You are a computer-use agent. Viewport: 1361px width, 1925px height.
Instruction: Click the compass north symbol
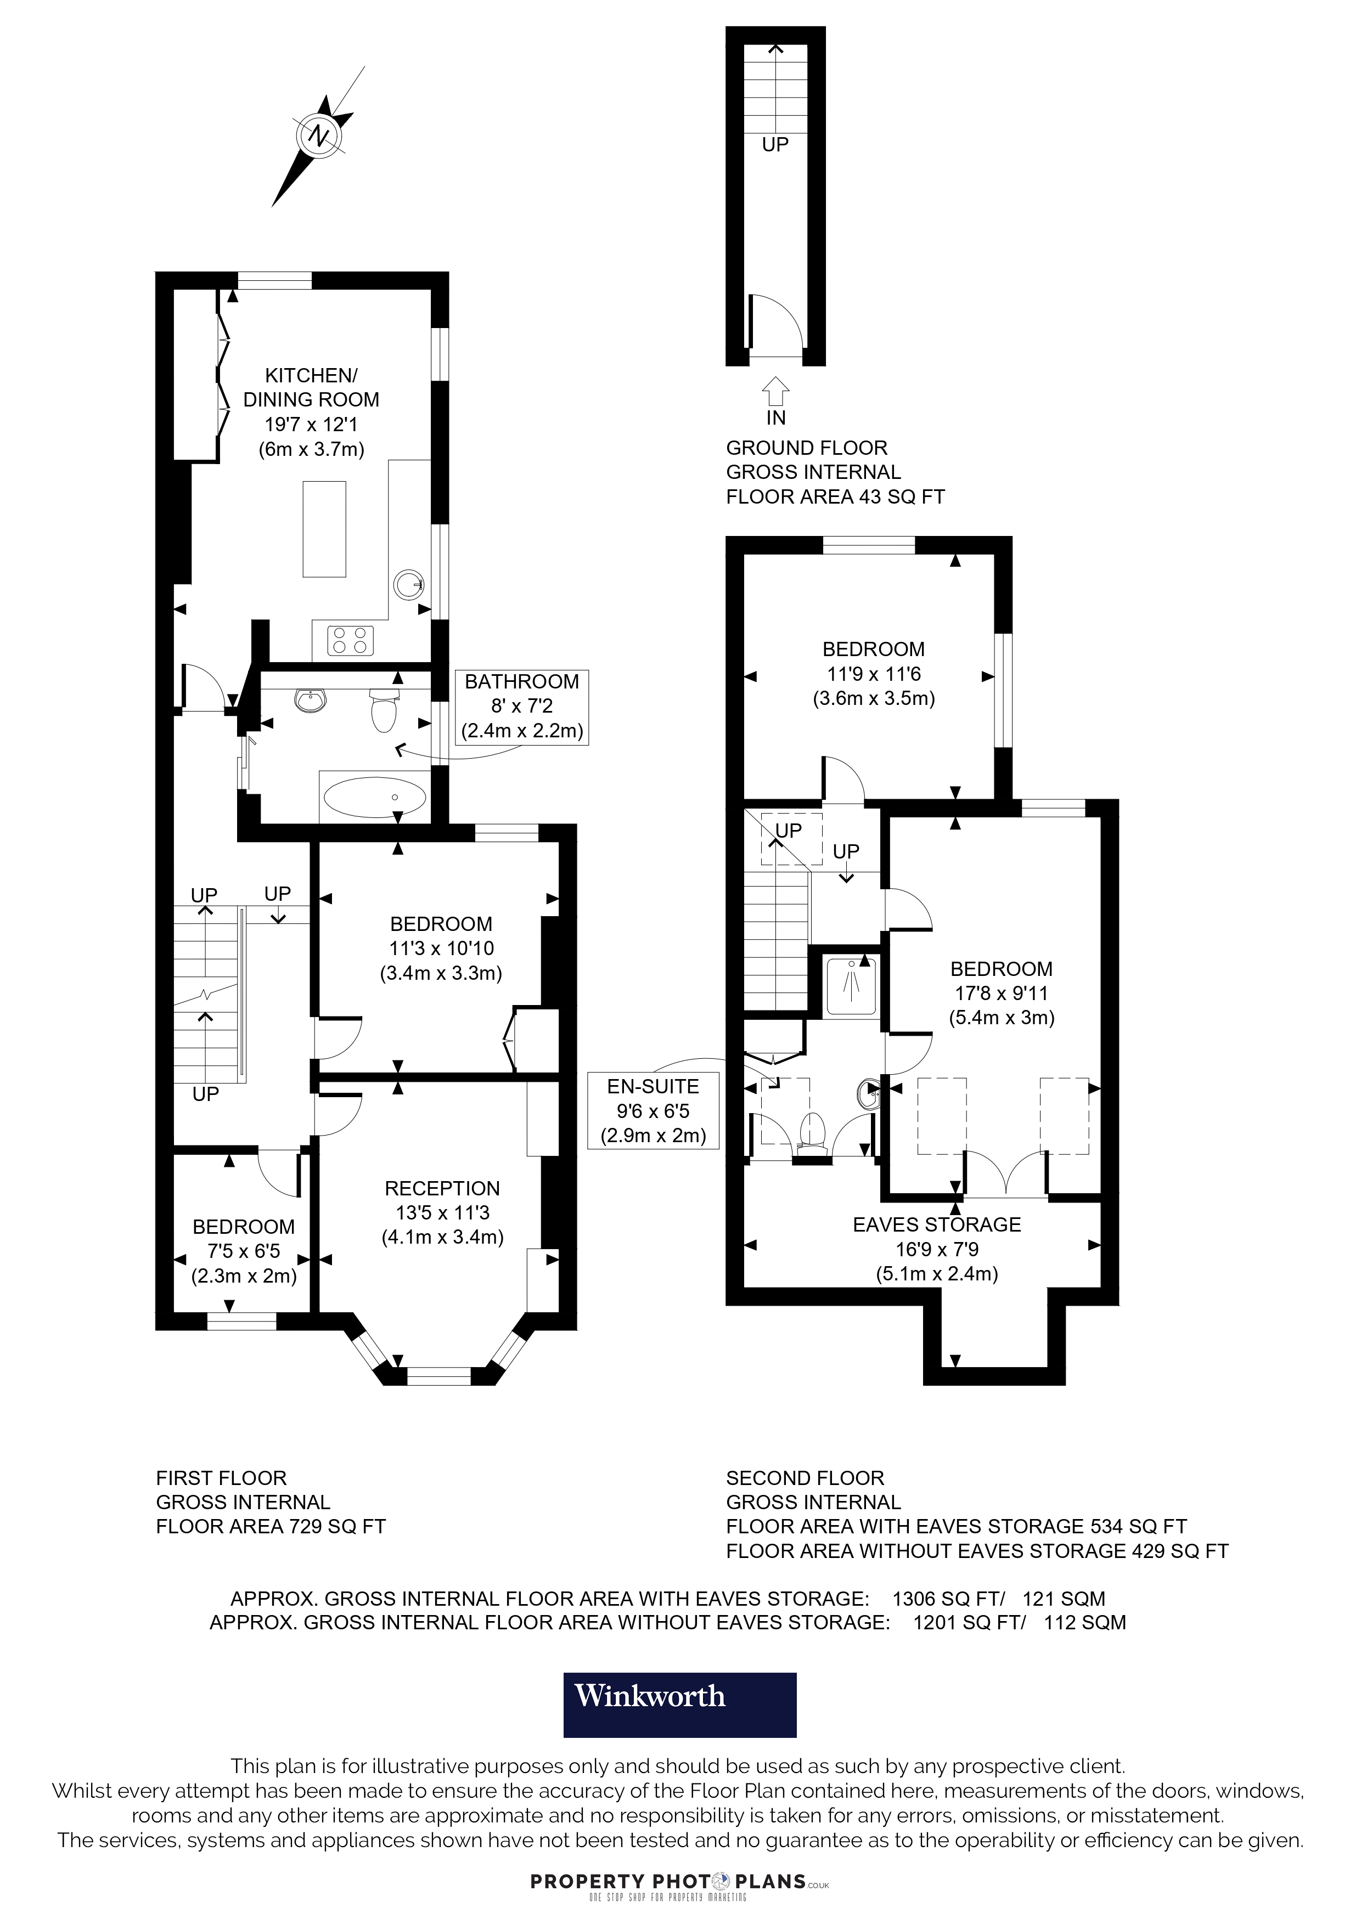click(319, 135)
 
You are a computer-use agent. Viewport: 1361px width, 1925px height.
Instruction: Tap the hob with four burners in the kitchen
click(351, 641)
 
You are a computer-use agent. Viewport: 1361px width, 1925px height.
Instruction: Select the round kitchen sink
click(408, 584)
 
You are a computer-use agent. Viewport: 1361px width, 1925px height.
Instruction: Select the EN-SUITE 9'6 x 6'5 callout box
click(653, 1111)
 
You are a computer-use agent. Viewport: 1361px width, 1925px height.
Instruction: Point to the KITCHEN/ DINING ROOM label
click(311, 387)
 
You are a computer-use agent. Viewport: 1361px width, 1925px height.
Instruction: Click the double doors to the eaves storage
click(1005, 1174)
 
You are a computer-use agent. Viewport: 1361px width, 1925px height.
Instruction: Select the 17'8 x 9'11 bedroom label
click(1001, 993)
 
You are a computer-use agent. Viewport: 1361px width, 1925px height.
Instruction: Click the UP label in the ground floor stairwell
click(775, 144)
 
